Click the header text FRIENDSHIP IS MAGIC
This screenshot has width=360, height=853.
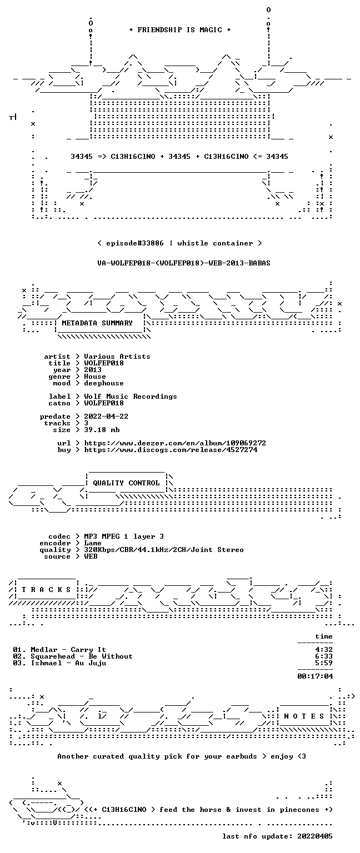(x=180, y=29)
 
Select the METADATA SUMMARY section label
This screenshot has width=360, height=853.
(x=97, y=323)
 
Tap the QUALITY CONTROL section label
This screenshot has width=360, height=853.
(x=126, y=483)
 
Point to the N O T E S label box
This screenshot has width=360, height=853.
(x=304, y=716)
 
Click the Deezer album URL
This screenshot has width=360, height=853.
(x=175, y=443)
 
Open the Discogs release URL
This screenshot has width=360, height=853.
(x=171, y=450)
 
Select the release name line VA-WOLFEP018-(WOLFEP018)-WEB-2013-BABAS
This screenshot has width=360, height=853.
(x=184, y=263)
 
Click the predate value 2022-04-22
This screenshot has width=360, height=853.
(x=106, y=417)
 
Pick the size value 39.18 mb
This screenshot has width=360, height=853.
(x=102, y=430)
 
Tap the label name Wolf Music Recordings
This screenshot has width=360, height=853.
(x=131, y=397)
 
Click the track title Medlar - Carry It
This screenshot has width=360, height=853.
(x=68, y=650)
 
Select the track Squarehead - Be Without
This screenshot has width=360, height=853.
(x=82, y=656)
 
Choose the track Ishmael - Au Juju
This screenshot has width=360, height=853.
(x=68, y=663)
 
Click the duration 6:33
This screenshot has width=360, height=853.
(x=324, y=656)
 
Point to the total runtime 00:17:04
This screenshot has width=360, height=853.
(x=315, y=676)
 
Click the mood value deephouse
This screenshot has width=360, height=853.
(x=104, y=383)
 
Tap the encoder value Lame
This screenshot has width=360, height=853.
(x=93, y=543)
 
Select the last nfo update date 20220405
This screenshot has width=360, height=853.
(x=315, y=836)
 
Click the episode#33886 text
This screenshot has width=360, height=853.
(x=135, y=243)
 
